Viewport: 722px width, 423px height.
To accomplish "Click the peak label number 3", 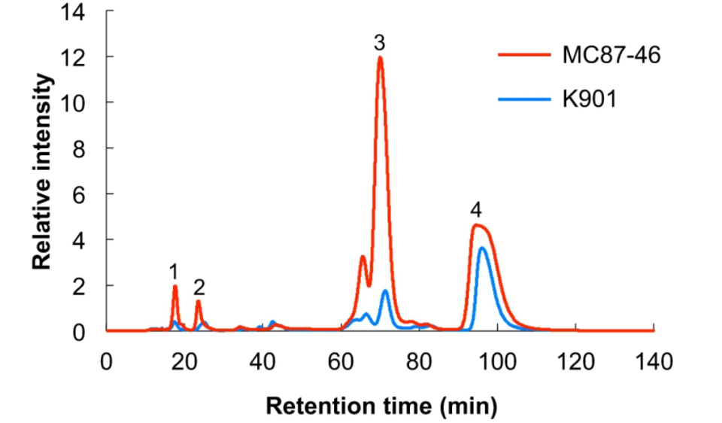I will [381, 43].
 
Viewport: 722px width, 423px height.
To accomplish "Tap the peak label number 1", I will [174, 270].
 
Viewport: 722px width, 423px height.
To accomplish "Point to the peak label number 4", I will [475, 208].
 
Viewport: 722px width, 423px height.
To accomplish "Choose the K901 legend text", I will [588, 99].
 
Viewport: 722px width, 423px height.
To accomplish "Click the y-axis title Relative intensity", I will [43, 172].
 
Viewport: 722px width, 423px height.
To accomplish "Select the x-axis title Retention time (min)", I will [381, 406].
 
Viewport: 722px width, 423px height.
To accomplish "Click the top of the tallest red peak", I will [380, 58].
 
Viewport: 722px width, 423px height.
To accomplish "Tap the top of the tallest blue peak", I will [484, 248].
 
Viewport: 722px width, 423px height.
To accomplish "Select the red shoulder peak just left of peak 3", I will [363, 257].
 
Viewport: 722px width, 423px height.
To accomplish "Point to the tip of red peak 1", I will [175, 286].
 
